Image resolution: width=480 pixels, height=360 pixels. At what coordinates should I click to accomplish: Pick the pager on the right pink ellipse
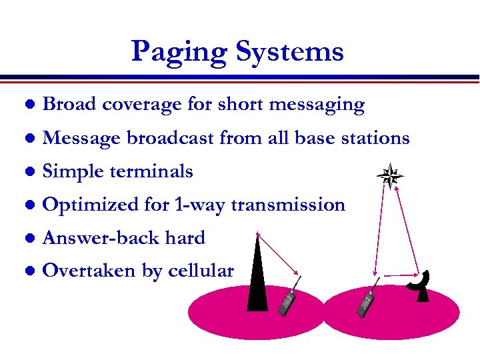pyautogui.click(x=366, y=303)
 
